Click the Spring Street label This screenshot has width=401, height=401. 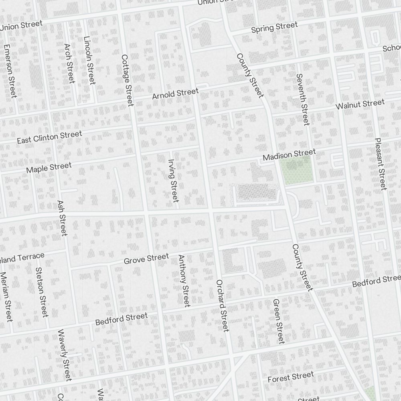pyautogui.click(x=274, y=28)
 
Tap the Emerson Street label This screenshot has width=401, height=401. pyautogui.click(x=10, y=71)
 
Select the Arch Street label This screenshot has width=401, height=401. pyautogui.click(x=69, y=63)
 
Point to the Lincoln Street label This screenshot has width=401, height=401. pyautogui.click(x=89, y=61)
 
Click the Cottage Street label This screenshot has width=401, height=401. pyautogui.click(x=127, y=80)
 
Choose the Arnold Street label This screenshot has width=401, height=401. pyautogui.click(x=175, y=94)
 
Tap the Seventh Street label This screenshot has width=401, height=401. pyautogui.click(x=303, y=99)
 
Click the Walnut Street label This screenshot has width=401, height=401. pyautogui.click(x=360, y=105)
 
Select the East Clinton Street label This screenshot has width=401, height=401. pyautogui.click(x=49, y=137)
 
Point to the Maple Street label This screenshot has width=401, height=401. pyautogui.click(x=49, y=168)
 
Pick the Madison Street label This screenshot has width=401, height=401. pyautogui.click(x=289, y=154)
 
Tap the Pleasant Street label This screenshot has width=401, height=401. pyautogui.click(x=380, y=164)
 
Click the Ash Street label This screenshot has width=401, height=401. pyautogui.click(x=62, y=218)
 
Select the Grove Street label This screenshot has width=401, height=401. pyautogui.click(x=146, y=259)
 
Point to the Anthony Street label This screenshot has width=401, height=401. pyautogui.click(x=184, y=281)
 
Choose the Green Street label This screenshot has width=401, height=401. pyautogui.click(x=278, y=321)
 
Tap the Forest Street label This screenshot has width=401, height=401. pyautogui.click(x=290, y=377)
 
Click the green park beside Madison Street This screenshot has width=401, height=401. pyautogui.click(x=297, y=169)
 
